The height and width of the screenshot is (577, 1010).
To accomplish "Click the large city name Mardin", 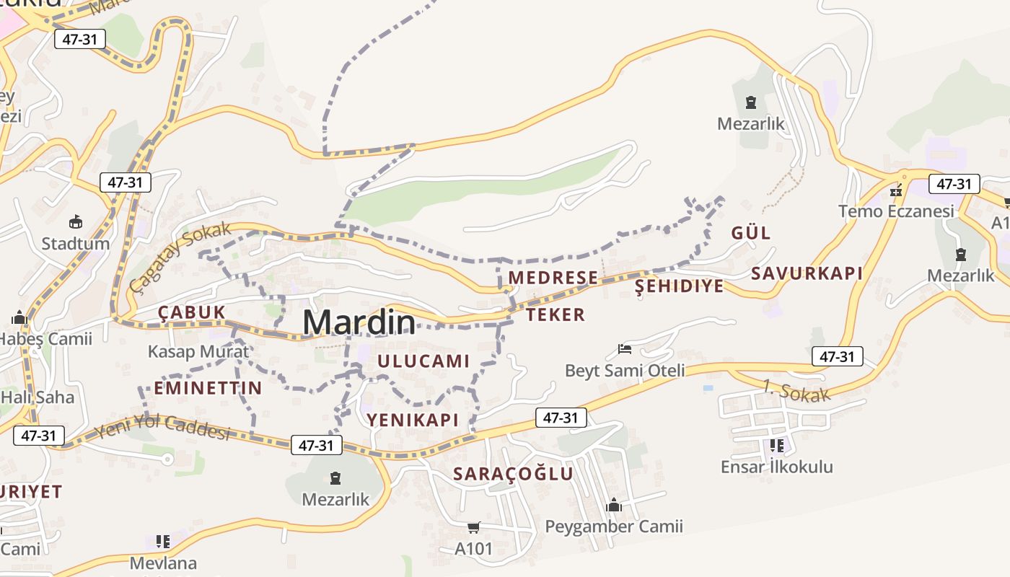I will point(359,322).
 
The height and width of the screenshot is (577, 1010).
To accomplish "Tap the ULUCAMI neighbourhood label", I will point(423,361).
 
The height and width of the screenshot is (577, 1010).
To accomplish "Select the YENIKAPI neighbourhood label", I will point(413,420).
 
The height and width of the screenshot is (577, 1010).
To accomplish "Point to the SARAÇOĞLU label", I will point(513,474).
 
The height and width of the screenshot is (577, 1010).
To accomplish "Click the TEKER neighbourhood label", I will point(555,314).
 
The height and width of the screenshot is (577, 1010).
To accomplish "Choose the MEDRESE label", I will point(553,278).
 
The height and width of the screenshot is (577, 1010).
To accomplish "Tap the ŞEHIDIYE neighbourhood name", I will point(679,286).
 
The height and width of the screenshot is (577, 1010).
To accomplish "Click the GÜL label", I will point(751,233).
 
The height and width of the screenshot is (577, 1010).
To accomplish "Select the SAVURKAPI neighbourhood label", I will point(807,273).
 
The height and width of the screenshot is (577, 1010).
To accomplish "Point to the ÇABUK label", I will point(192,312).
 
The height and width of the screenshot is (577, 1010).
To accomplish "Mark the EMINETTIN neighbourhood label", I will point(208,388).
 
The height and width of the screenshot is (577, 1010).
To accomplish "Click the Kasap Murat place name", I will point(198,352).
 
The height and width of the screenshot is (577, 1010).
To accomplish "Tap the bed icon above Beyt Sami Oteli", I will point(625,350).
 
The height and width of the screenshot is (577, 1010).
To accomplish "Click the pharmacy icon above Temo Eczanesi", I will point(896,191).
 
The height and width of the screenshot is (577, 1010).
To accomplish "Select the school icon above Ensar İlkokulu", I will point(777,446).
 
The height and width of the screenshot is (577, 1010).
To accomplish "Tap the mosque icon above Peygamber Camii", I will point(614,505).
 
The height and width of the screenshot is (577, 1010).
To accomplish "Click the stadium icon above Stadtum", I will point(76,221).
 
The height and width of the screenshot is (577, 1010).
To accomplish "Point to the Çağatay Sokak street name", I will point(180,256).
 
